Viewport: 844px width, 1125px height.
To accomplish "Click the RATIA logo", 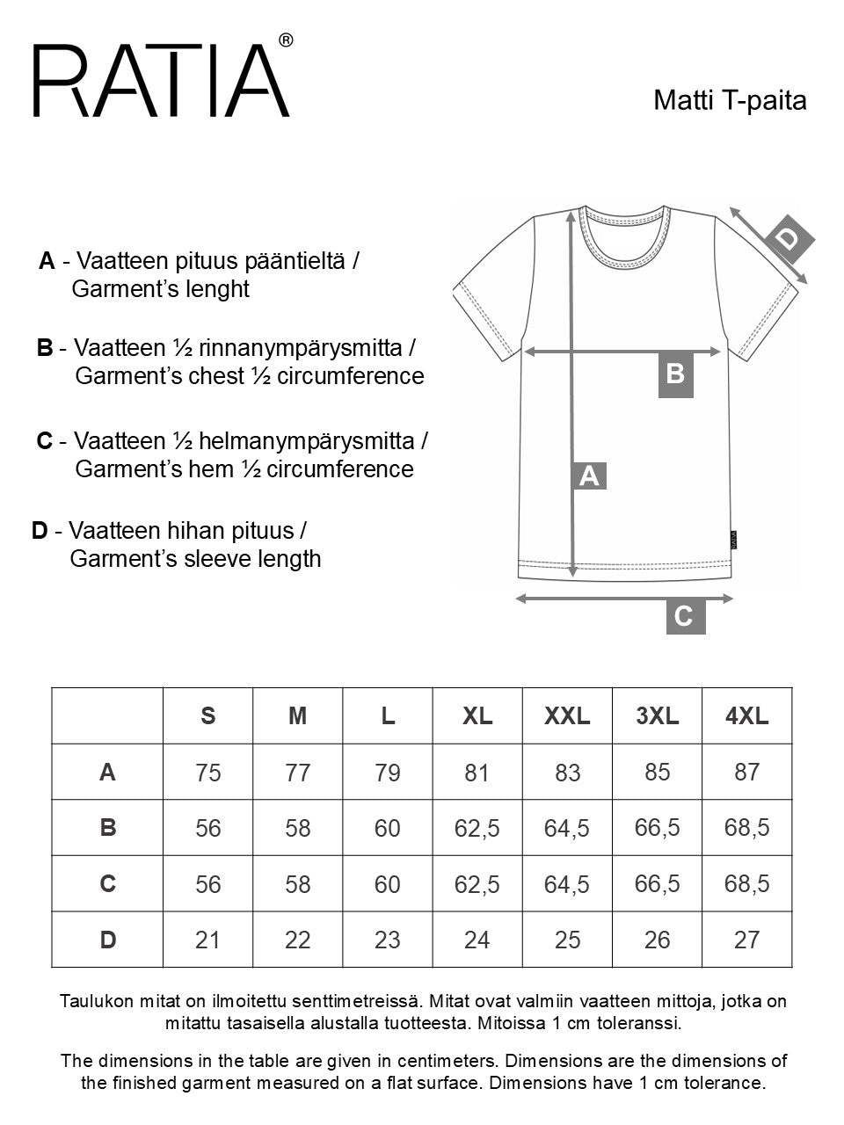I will pyautogui.click(x=161, y=81).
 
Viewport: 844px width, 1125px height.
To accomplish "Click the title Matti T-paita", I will pyautogui.click(x=730, y=100).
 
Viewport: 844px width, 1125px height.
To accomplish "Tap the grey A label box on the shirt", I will pyautogui.click(x=589, y=475).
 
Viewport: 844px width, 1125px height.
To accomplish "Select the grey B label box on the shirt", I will pyautogui.click(x=675, y=374).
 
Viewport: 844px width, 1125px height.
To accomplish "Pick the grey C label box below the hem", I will pyautogui.click(x=683, y=616).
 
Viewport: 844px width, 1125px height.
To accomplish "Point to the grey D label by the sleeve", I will pyautogui.click(x=790, y=238).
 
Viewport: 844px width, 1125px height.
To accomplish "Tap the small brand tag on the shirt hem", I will pyautogui.click(x=733, y=539).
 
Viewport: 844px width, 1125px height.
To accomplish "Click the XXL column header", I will pyautogui.click(x=567, y=716).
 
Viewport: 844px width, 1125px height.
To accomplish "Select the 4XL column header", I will pyautogui.click(x=746, y=716).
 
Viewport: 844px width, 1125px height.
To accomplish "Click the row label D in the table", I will pyautogui.click(x=107, y=940).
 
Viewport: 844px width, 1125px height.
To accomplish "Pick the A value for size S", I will pyautogui.click(x=208, y=773).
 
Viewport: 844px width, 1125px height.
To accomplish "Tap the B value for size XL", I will pyautogui.click(x=477, y=828).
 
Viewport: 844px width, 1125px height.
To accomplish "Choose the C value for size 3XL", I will pyautogui.click(x=657, y=883).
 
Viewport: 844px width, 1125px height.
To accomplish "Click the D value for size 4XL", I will pyautogui.click(x=746, y=940).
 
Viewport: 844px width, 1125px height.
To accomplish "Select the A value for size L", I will pyautogui.click(x=387, y=773).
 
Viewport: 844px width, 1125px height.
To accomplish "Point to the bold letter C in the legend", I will pyautogui.click(x=45, y=440).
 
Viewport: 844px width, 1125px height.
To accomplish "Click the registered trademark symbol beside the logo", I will pyautogui.click(x=286, y=40).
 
